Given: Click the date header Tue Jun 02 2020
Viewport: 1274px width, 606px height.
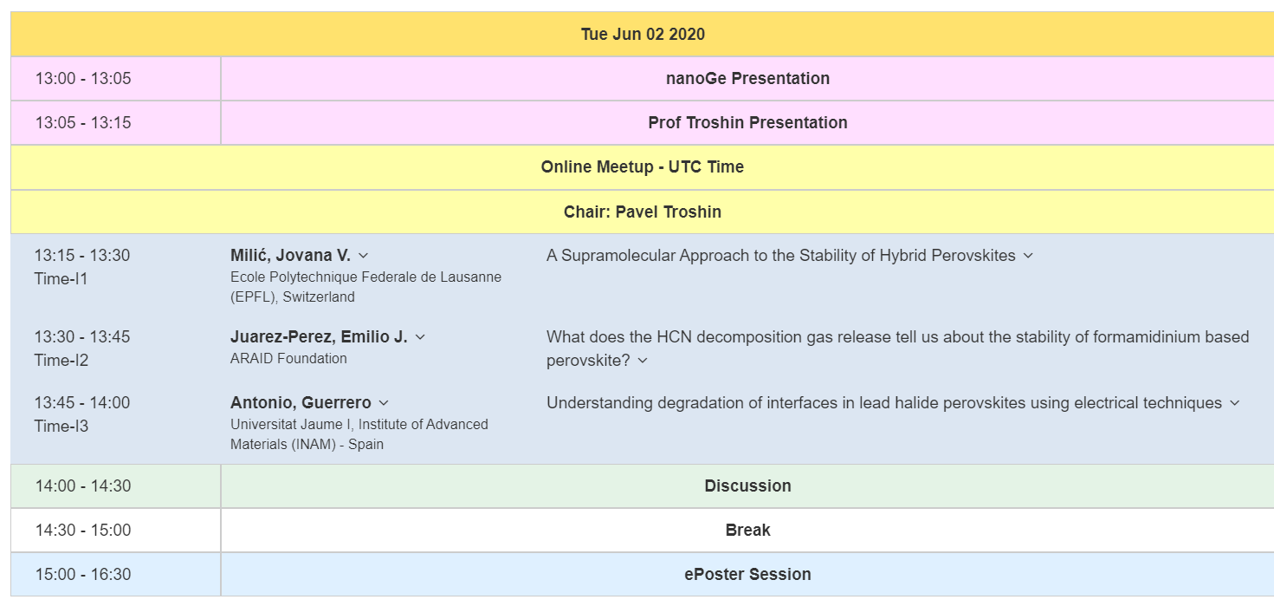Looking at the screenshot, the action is (643, 34).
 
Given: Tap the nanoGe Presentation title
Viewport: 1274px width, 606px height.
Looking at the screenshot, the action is (747, 79).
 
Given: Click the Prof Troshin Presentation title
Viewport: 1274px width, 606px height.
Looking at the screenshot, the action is (747, 122).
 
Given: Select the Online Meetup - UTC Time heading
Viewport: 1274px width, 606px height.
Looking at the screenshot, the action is (642, 166).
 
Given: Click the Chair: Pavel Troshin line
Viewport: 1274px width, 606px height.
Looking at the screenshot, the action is (642, 212).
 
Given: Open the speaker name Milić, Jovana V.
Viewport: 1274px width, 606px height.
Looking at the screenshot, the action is (290, 255).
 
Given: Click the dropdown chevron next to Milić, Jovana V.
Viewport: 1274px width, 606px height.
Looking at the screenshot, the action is (364, 257).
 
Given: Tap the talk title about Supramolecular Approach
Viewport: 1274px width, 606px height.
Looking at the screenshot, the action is (781, 256).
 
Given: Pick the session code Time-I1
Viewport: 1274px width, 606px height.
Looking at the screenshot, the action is (61, 279).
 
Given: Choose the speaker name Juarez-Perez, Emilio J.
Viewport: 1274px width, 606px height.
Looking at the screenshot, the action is (319, 337).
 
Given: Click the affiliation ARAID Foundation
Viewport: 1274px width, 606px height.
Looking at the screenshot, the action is (288, 359).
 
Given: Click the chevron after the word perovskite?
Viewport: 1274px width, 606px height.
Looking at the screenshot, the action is (643, 361).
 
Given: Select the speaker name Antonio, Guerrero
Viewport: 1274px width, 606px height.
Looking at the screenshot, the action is (301, 402).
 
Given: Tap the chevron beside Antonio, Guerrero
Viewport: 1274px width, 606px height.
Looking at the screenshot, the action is (384, 403).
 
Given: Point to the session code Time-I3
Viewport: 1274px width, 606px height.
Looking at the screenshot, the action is (61, 427).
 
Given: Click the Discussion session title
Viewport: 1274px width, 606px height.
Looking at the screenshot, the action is (747, 485).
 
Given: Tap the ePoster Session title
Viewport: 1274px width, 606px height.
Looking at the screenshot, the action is (747, 574).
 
